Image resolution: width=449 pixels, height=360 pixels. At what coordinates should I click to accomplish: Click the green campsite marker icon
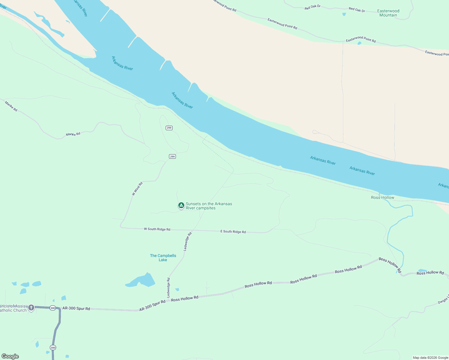tap(181, 205)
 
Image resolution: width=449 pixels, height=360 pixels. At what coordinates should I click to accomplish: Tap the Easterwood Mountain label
tap(388, 13)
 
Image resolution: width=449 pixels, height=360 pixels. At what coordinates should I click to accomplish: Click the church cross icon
tap(31, 307)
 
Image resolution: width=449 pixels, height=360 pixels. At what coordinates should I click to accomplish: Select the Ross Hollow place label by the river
tap(382, 197)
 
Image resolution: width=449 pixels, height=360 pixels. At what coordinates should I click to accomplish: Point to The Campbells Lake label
tap(163, 258)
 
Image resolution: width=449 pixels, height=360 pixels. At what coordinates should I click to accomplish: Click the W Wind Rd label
tap(137, 189)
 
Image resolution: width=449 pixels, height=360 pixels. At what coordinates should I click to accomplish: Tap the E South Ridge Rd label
tap(233, 232)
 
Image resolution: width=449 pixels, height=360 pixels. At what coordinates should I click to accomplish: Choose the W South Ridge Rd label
tap(157, 229)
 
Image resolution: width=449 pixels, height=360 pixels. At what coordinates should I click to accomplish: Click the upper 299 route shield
tap(169, 128)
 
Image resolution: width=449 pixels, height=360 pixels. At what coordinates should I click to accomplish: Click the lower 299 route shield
tap(172, 156)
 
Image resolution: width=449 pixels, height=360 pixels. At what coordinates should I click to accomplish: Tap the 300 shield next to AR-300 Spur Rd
tap(53, 308)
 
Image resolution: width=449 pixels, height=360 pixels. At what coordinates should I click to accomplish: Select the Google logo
tap(10, 356)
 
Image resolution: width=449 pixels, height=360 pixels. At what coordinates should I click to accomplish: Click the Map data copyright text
tap(430, 358)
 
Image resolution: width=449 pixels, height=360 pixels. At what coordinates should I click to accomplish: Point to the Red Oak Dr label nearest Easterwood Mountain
tap(357, 10)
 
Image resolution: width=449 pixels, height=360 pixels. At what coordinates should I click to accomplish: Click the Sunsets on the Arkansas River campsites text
tap(209, 206)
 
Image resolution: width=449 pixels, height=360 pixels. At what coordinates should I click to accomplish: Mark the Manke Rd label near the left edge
tap(11, 106)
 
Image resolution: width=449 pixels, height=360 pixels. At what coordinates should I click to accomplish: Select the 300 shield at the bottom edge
tap(53, 348)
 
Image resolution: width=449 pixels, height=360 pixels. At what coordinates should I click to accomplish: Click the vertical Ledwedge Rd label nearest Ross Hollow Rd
tap(168, 287)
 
